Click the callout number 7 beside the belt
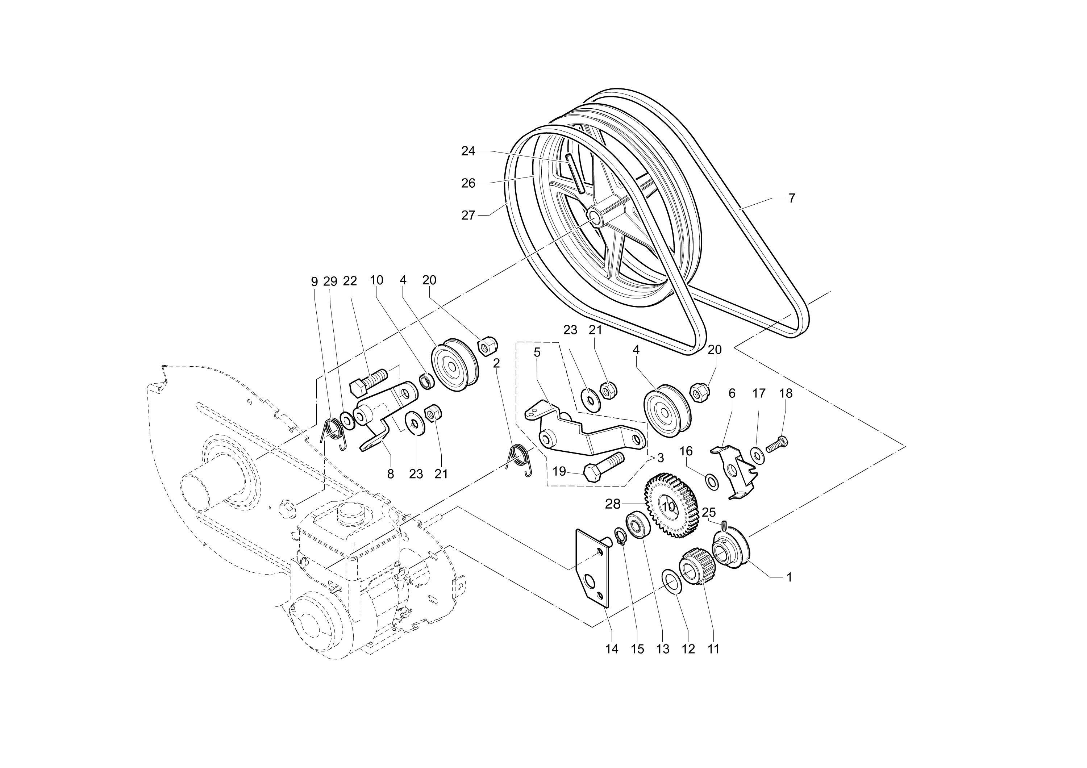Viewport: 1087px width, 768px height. tap(792, 198)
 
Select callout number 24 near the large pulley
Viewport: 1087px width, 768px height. tap(468, 151)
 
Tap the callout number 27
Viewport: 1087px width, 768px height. tap(468, 215)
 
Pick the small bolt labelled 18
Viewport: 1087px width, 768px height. tap(777, 445)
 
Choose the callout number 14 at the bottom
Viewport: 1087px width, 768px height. tap(612, 649)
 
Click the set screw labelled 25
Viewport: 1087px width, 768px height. tap(724, 525)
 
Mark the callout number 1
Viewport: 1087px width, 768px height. tap(789, 577)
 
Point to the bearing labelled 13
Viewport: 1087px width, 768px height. tap(637, 525)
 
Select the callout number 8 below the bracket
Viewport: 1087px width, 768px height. tap(391, 474)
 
